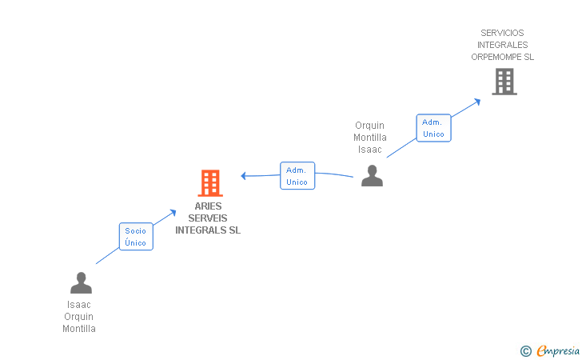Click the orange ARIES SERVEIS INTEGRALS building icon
209,183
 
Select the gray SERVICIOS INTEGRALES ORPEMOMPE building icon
504,82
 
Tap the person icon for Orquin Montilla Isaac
372,175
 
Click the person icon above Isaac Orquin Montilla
81,283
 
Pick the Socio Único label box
136,237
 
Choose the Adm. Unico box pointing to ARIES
297,176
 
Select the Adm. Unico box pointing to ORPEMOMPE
433,128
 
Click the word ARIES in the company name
208,206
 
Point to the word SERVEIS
208,218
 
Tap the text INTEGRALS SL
208,230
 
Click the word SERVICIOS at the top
502,33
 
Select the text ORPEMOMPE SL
502,57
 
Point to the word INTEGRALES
502,45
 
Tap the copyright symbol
525,350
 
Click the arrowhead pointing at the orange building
245,176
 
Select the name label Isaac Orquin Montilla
79,317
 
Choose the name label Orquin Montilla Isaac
370,138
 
